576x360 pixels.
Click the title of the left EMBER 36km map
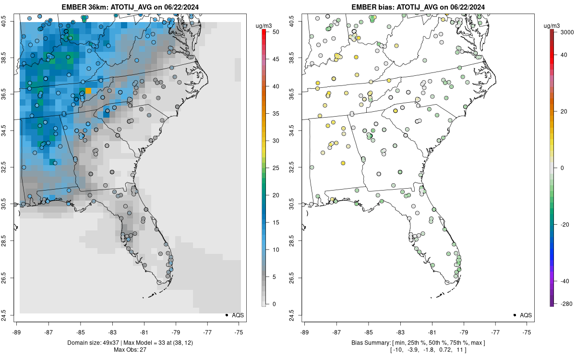pyautogui.click(x=128, y=7)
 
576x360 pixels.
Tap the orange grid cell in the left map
pyautogui.click(x=88, y=91)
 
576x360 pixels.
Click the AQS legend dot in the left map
pyautogui.click(x=226, y=315)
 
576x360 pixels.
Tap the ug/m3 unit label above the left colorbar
pyautogui.click(x=263, y=24)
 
